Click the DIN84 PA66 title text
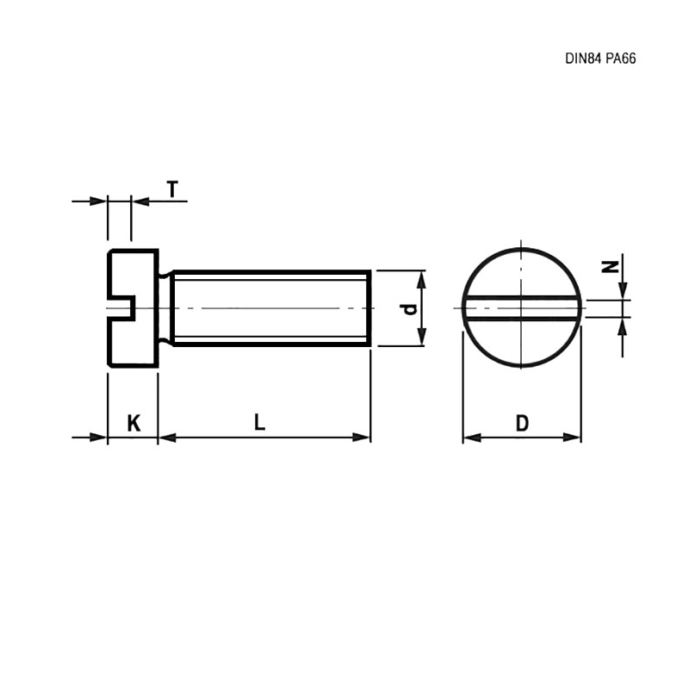pos(600,59)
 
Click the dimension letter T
pos(173,189)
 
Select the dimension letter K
pos(133,423)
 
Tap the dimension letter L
pos(260,422)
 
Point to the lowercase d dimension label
pos(409,309)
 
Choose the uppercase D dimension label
pos(522,423)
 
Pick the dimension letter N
pos(610,267)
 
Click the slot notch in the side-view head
pos(121,307)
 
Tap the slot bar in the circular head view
pos(522,308)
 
